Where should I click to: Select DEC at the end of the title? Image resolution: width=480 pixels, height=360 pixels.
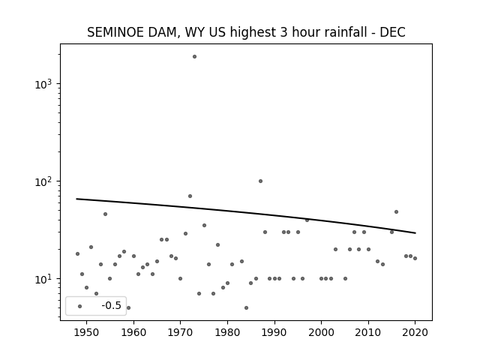[392, 32]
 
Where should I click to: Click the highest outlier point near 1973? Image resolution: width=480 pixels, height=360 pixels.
[194, 57]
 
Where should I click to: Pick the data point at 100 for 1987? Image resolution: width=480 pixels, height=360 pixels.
[260, 181]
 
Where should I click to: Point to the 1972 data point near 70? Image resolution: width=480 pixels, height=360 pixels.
[190, 196]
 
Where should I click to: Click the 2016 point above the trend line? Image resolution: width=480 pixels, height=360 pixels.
[397, 211]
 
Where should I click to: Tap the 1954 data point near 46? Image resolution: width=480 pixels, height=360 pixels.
[105, 214]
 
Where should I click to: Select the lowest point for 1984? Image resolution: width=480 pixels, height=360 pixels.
[247, 308]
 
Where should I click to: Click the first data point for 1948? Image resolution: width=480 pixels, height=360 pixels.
[77, 253]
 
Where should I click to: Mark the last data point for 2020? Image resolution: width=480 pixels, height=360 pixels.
[415, 258]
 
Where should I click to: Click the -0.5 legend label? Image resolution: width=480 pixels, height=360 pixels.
[112, 305]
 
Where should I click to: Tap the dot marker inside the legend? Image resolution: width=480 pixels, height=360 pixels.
[80, 307]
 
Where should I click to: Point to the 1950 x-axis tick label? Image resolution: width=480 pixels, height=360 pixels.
[87, 332]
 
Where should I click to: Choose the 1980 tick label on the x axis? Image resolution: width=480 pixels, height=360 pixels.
[227, 332]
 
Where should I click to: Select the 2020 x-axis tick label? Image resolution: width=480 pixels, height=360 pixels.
[415, 332]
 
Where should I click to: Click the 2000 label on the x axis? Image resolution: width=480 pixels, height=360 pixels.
[321, 332]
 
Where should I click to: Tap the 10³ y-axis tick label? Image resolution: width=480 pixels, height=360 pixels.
[43, 83]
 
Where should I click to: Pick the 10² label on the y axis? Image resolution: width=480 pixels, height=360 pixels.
[43, 181]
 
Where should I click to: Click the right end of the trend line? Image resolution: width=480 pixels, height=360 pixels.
[415, 233]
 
